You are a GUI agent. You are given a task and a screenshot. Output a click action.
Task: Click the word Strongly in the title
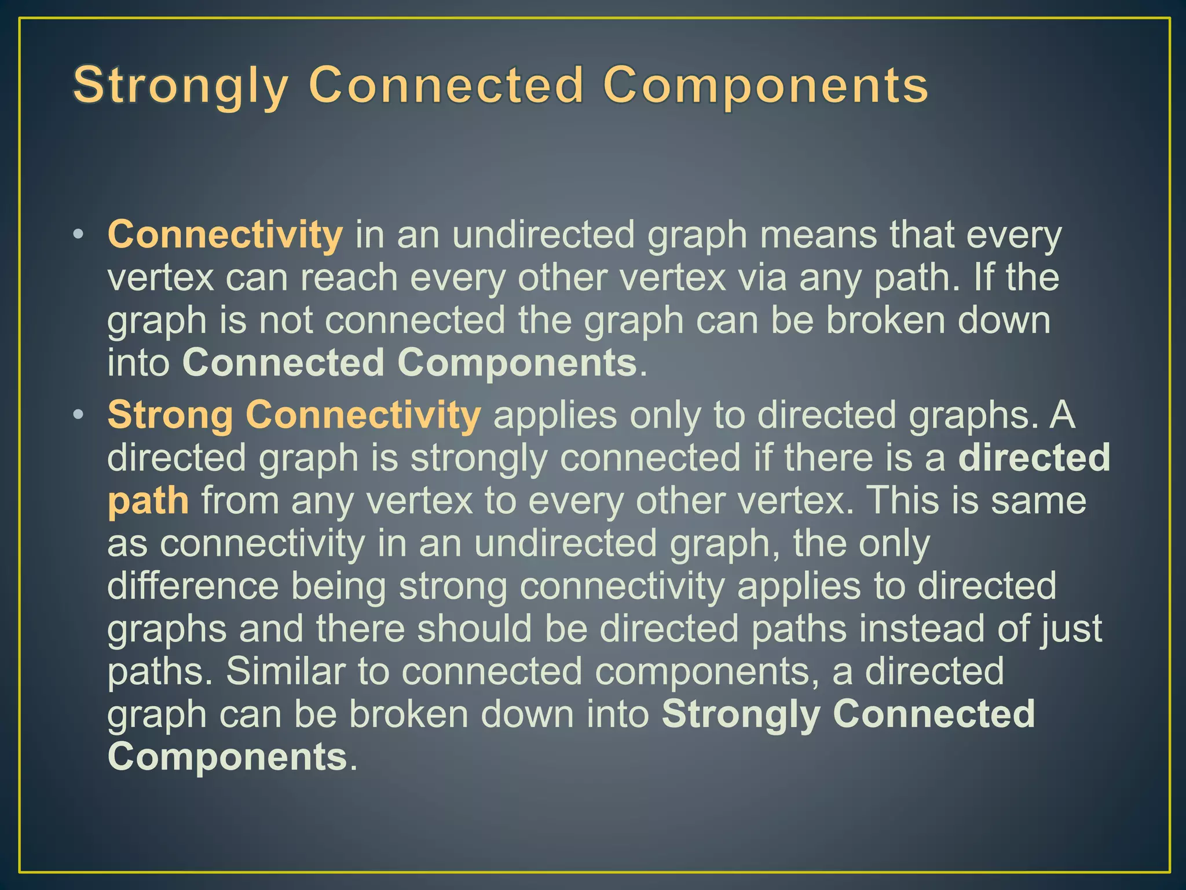[180, 86]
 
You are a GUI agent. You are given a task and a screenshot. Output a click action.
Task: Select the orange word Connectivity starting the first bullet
[225, 235]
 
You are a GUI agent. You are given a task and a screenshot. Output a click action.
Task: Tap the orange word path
[148, 501]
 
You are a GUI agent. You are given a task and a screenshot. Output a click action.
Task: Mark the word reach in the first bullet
[349, 278]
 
